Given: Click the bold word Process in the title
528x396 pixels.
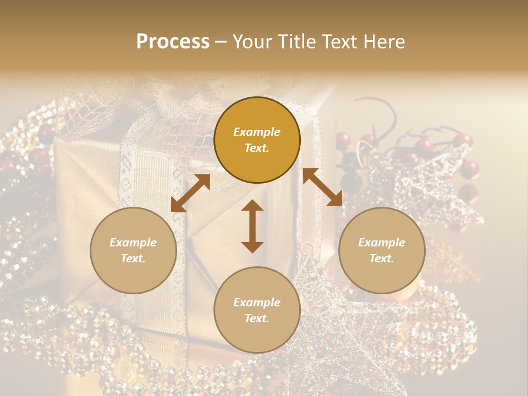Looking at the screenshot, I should point(173,42).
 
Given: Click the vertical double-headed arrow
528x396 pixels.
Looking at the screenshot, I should point(252,226).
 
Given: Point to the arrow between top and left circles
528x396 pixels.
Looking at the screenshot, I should point(190,193).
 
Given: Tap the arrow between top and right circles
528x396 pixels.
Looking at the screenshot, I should point(322,188).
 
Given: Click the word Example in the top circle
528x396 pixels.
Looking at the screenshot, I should point(257,132).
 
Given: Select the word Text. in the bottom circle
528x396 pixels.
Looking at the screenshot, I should point(257,318).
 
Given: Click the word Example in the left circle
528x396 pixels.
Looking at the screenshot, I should point(133,243).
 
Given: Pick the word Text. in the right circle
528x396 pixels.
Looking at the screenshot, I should point(382,258).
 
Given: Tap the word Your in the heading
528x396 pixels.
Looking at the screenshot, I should point(252,42).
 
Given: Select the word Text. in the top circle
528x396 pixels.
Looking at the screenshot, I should point(257,148).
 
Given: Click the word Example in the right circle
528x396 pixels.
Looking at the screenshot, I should point(382,243).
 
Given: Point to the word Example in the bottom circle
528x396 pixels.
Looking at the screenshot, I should point(257,302).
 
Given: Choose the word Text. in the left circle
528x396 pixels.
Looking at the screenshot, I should point(133,258).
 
